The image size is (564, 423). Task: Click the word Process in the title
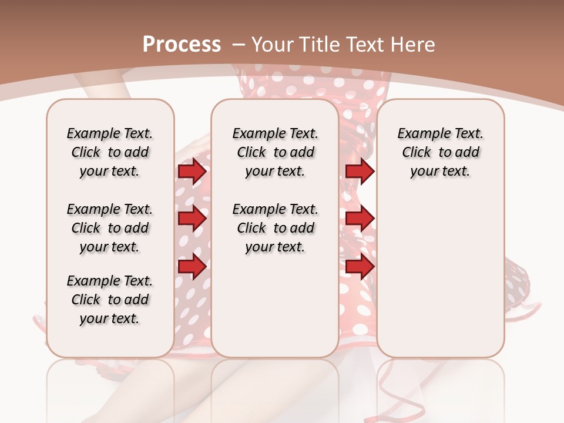(182, 44)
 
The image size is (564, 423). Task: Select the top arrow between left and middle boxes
(192, 172)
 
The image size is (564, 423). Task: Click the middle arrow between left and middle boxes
(192, 219)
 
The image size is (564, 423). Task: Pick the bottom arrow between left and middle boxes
(192, 267)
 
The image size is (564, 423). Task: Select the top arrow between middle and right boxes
(360, 172)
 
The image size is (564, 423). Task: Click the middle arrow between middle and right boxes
(360, 219)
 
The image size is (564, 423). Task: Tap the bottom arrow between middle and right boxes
(360, 267)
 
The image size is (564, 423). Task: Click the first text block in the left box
(109, 152)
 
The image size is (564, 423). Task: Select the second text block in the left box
(109, 228)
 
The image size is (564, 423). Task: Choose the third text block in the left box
(109, 300)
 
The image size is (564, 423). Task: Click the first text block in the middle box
(275, 152)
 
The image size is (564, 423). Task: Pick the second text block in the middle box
(275, 228)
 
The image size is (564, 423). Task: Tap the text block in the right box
(440, 152)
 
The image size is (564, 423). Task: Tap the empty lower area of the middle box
(275, 305)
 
